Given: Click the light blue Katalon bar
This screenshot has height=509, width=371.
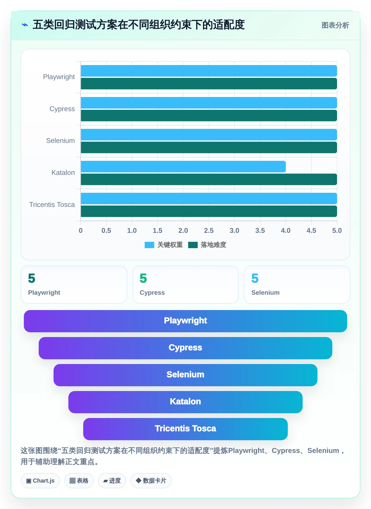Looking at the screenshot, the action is pos(183,167).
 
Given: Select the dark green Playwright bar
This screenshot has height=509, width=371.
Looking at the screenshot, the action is pos(209,84).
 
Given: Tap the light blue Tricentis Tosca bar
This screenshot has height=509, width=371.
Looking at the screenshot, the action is pos(209,198).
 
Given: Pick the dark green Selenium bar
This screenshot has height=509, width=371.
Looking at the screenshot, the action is pos(209,147).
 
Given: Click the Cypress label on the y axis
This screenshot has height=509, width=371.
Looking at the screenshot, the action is pos(62,109).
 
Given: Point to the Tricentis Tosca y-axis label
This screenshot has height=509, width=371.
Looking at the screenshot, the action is pos(52,204).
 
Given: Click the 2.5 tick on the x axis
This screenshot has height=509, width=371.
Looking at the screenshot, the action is pos(209,230).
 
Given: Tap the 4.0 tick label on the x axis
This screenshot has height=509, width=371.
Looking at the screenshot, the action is pos(286,230).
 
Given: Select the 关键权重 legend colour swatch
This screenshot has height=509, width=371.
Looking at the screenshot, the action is pos(149,245).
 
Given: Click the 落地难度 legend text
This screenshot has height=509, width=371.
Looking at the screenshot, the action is pos(213,245).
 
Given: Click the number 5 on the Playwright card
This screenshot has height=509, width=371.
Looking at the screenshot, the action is pos(32,278).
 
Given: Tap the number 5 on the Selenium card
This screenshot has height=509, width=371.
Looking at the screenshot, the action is pos(255,278).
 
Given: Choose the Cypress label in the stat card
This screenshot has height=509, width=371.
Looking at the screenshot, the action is pos(152,293).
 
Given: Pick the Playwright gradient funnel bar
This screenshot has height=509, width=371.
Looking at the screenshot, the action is pos(185,321).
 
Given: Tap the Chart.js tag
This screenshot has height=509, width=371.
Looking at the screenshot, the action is pos(40,481).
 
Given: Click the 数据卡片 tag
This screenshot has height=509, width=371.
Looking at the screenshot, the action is pos(151,481).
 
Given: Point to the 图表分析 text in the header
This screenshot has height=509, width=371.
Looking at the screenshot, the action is pos(335,25).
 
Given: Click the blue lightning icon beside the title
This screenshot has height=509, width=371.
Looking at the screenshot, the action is pos(25,25).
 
